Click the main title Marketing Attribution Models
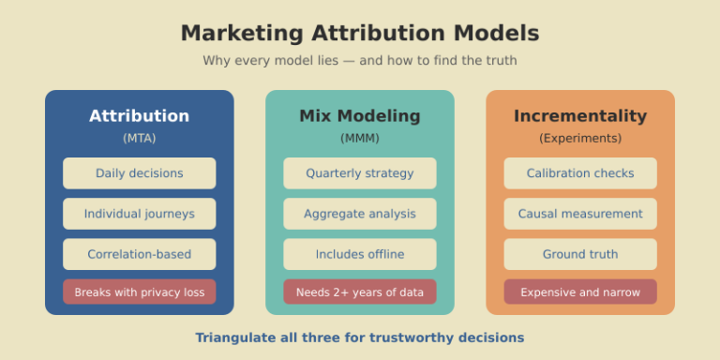[x=360, y=33]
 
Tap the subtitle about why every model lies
[x=360, y=61]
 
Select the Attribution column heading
[x=140, y=116]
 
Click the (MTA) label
[x=140, y=138]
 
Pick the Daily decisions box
[x=140, y=173]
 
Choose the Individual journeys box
[x=140, y=214]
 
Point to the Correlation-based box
[x=140, y=254]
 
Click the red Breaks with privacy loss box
[x=140, y=292]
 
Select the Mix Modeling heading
[x=360, y=116]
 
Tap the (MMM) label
[x=360, y=138]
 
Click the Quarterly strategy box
[x=360, y=173]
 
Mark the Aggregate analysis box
[x=360, y=214]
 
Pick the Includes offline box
[x=360, y=254]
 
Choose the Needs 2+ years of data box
[x=360, y=292]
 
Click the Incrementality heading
[x=580, y=116]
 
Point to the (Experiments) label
[x=580, y=138]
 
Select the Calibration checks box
[x=580, y=173]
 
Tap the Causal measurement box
[x=580, y=214]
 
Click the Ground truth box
[x=580, y=254]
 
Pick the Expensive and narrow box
[x=580, y=292]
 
